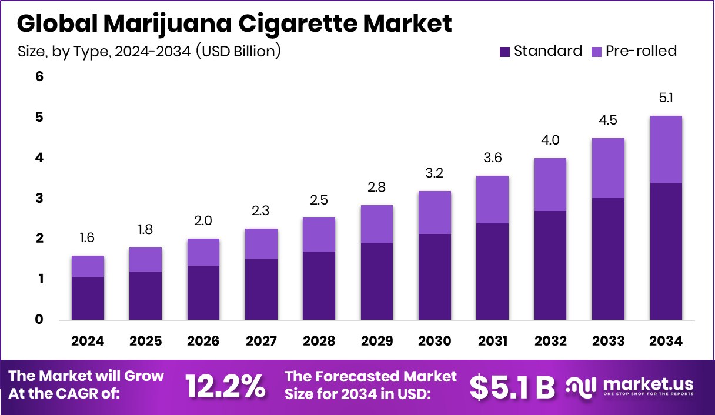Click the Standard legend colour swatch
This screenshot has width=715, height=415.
[504, 52]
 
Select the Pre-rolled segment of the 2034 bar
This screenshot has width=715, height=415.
[666, 149]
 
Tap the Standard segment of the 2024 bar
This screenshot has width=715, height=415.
[88, 298]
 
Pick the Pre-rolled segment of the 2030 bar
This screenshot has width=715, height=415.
[435, 212]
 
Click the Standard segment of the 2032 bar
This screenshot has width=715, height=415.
[550, 265]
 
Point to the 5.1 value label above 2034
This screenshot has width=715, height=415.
[666, 98]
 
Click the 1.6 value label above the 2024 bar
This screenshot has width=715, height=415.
[88, 238]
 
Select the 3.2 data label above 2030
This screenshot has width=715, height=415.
[435, 173]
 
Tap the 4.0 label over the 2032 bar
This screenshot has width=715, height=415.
[550, 140]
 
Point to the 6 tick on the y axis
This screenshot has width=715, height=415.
[40, 77]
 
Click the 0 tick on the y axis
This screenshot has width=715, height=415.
[40, 320]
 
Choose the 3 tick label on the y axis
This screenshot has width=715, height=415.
[40, 198]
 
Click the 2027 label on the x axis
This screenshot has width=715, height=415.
[261, 342]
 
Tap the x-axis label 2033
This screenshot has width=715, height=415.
[608, 342]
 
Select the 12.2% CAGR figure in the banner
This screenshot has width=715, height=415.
[225, 386]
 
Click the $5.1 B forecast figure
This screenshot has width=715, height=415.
[512, 386]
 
